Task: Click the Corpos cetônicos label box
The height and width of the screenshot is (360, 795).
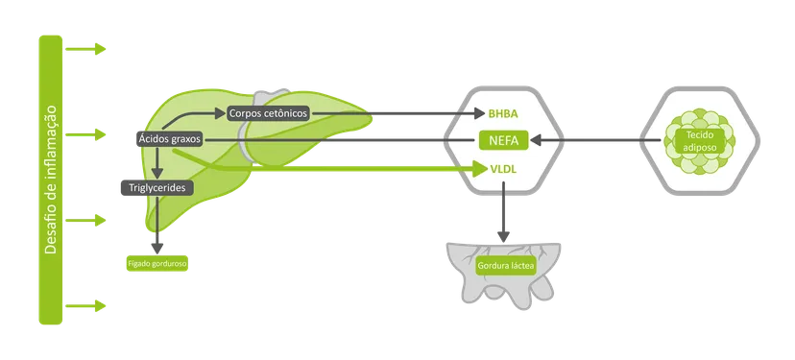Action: (x=268, y=113)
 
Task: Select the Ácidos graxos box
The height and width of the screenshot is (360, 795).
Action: (x=170, y=139)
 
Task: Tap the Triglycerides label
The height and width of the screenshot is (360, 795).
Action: (x=157, y=187)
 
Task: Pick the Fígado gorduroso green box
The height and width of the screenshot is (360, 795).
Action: (x=157, y=264)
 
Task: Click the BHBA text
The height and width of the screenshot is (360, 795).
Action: (x=503, y=113)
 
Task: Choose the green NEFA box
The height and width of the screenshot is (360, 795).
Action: (x=504, y=140)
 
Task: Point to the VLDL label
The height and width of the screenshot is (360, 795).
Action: (x=503, y=169)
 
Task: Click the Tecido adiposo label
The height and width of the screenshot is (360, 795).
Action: (x=700, y=141)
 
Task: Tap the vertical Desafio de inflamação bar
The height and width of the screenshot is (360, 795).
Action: (x=51, y=180)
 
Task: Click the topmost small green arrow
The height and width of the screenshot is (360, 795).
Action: (x=85, y=49)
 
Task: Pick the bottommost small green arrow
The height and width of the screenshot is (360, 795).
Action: (x=85, y=305)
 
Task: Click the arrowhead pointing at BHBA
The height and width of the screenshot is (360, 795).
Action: (x=480, y=113)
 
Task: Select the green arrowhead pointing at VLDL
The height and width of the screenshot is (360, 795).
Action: (x=480, y=169)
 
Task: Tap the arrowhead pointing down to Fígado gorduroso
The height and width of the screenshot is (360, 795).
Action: (x=157, y=248)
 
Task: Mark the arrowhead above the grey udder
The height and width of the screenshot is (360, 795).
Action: (x=503, y=236)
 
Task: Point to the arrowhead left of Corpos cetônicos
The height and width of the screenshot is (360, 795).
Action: (x=220, y=113)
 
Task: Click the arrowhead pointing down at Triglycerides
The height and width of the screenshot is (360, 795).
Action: (x=157, y=174)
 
